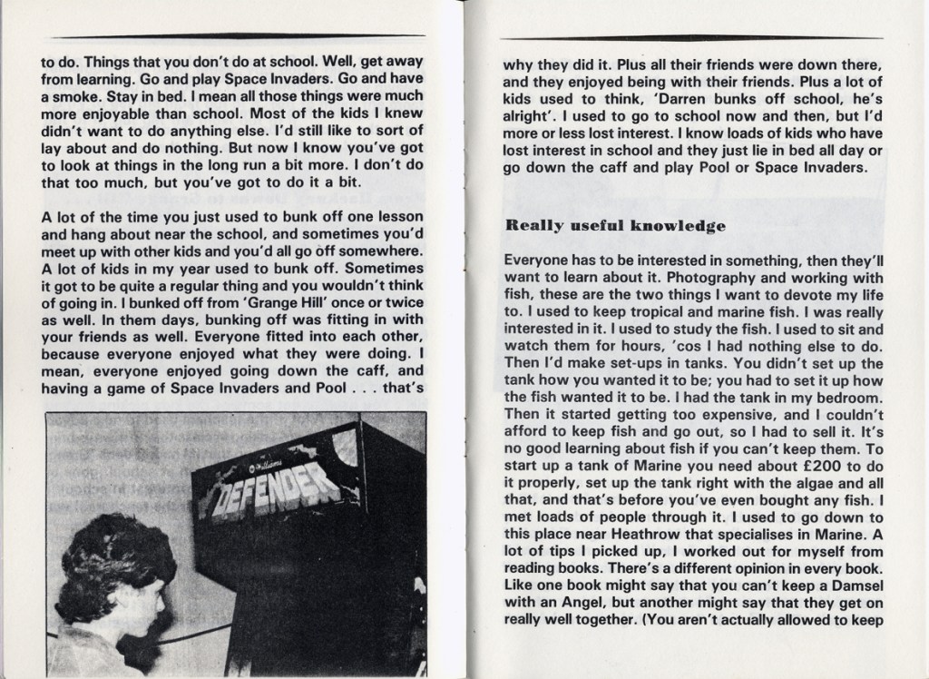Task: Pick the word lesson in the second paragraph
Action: (400, 217)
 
